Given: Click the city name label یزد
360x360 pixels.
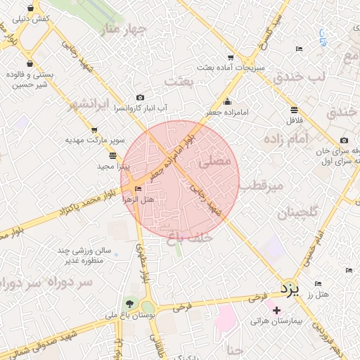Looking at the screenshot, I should (289, 289).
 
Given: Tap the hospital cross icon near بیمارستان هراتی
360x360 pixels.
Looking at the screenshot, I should (276, 310).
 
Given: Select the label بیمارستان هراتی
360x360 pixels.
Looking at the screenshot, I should (279, 321).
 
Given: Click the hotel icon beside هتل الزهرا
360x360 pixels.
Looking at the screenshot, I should (139, 188).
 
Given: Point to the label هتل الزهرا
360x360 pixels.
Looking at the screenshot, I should (138, 199).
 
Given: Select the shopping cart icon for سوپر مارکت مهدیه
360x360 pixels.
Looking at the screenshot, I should (94, 130).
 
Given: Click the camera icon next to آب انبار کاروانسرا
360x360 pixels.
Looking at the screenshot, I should (141, 98).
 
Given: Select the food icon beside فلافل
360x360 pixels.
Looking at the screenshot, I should (293, 109).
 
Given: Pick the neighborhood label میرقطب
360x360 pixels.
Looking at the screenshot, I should (261, 186).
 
